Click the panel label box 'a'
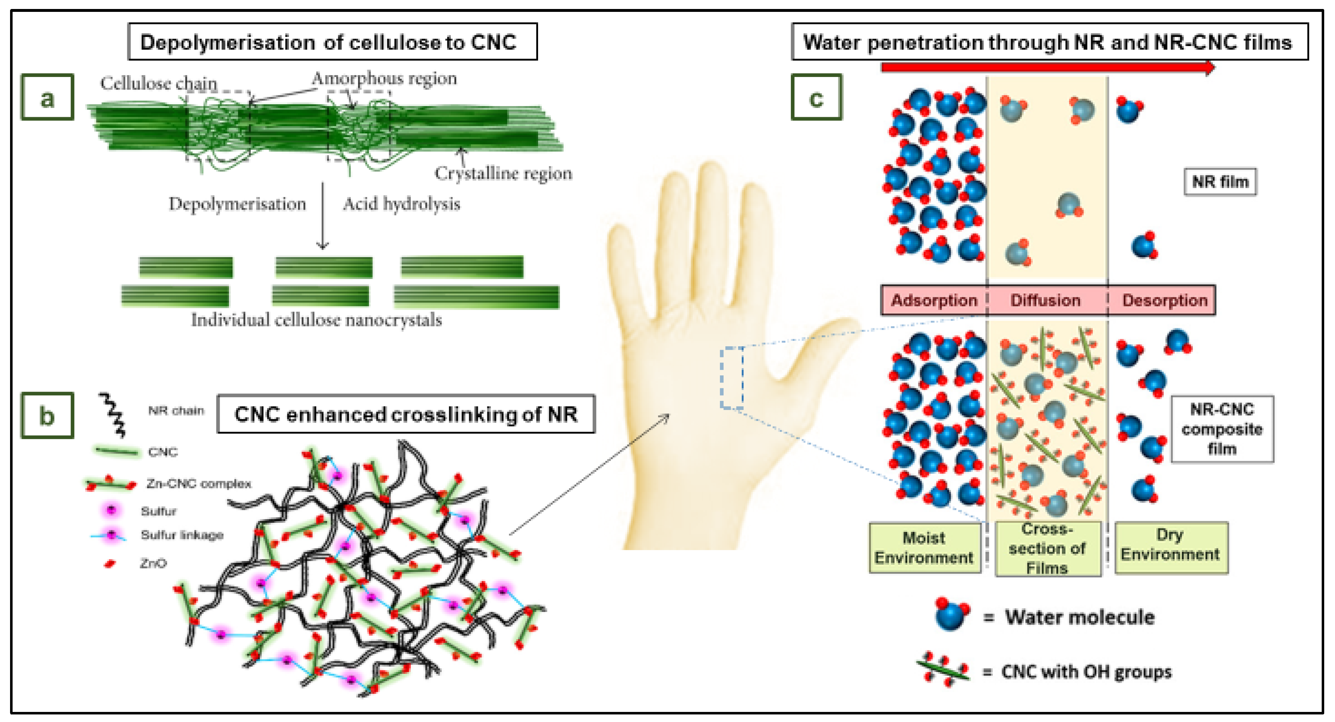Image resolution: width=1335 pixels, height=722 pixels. tap(47, 97)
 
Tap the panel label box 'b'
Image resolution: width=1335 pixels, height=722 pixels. tap(47, 416)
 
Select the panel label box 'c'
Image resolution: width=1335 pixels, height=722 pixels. tap(816, 97)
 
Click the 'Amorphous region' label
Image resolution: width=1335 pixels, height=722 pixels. tap(384, 79)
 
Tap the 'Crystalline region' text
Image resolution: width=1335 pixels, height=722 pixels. tap(503, 173)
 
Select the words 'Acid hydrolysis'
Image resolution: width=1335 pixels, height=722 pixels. tap(402, 204)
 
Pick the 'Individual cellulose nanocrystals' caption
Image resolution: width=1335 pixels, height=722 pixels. tap(316, 320)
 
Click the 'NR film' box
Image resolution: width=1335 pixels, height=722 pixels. tap(1220, 182)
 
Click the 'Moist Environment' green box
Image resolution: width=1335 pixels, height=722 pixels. tap(924, 548)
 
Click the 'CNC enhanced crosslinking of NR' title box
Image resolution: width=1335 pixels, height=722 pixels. tap(406, 414)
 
